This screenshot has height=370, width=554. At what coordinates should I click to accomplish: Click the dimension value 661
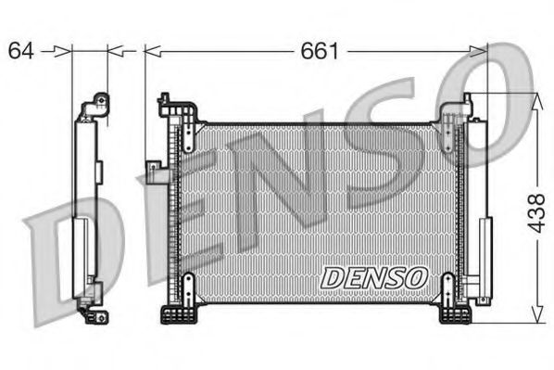coord(319,50)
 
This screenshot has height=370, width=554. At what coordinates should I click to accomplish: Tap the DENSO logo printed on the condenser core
coord(372,276)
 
